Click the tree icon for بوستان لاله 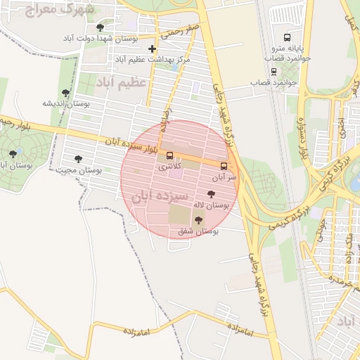(x=211, y=193)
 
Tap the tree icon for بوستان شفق (x=196, y=221)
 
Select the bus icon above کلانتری (x=169, y=155)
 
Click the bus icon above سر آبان (x=224, y=167)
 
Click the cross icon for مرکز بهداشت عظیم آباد (x=152, y=49)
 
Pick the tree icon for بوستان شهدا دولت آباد (x=100, y=27)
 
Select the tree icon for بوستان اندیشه (x=65, y=93)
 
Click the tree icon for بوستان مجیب (x=77, y=159)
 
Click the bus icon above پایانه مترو (x=286, y=37)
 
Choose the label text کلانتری (x=169, y=167)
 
